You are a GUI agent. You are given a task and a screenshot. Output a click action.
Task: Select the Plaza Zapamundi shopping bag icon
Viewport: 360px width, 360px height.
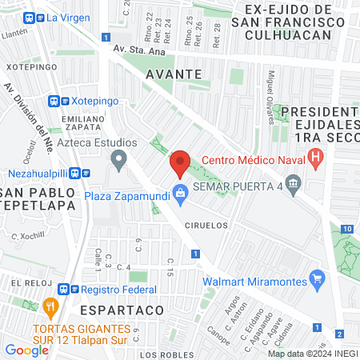(x=181, y=193)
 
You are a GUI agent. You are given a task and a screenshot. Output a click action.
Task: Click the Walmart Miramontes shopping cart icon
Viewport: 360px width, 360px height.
(x=318, y=279)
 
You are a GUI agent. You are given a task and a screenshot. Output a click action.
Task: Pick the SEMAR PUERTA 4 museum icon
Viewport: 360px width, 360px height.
(x=293, y=186)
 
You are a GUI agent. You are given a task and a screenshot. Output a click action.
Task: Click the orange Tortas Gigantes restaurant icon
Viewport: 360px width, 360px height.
(x=50, y=305)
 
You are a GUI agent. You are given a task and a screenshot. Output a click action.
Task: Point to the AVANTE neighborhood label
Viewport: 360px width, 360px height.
(x=173, y=73)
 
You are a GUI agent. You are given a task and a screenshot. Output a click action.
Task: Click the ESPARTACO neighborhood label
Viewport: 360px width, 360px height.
(x=122, y=308)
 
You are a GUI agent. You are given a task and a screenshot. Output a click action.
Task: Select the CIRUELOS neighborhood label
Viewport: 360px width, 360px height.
(x=206, y=226)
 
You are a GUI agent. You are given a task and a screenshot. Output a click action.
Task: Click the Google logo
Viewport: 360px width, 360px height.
(x=27, y=350)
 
